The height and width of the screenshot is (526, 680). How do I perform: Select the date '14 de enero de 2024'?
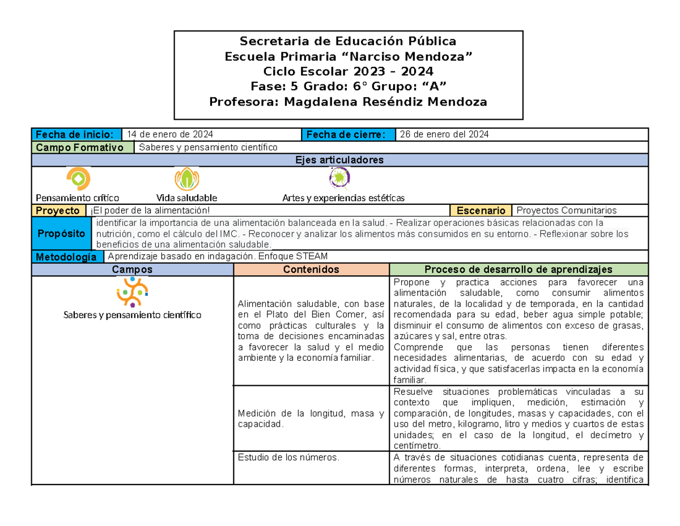tap(170, 134)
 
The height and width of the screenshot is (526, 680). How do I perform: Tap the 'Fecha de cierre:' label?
tap(346, 134)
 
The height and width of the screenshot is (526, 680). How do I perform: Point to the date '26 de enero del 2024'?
tap(444, 134)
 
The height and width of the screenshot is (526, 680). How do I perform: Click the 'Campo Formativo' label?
tap(83, 148)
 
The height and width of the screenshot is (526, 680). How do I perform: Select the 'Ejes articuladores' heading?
tap(339, 160)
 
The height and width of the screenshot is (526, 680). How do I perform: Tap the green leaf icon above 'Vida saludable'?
tap(186, 179)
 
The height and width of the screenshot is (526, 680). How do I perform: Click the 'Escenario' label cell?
tap(480, 211)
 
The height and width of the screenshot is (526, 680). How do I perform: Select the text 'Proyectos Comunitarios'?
tap(567, 211)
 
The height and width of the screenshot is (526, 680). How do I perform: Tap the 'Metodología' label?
tap(66, 257)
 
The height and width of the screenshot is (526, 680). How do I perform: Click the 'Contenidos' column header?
tap(311, 270)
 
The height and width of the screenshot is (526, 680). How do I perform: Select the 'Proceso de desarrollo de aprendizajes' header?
tap(518, 270)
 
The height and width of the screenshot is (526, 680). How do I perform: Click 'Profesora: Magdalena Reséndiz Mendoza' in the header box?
tap(348, 102)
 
